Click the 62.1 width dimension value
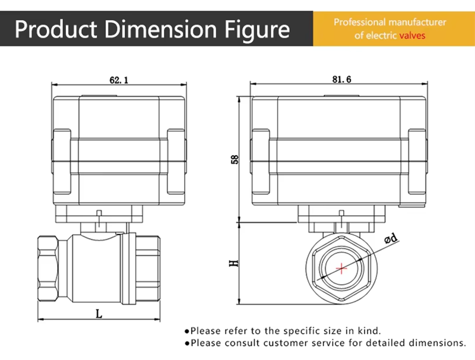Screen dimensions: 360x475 click(x=119, y=78)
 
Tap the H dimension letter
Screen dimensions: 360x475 click(x=234, y=262)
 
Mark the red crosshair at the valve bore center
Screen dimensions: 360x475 click(x=341, y=269)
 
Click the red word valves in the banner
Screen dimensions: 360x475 click(x=412, y=36)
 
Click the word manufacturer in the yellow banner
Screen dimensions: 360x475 click(x=418, y=23)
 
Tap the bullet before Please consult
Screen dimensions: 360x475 click(x=186, y=343)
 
